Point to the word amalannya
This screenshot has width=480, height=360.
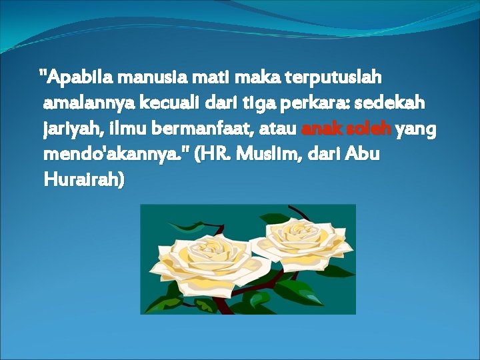pos(87,104)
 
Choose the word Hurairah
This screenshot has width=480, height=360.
pos(83,181)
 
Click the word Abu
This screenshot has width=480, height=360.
pos(364,155)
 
